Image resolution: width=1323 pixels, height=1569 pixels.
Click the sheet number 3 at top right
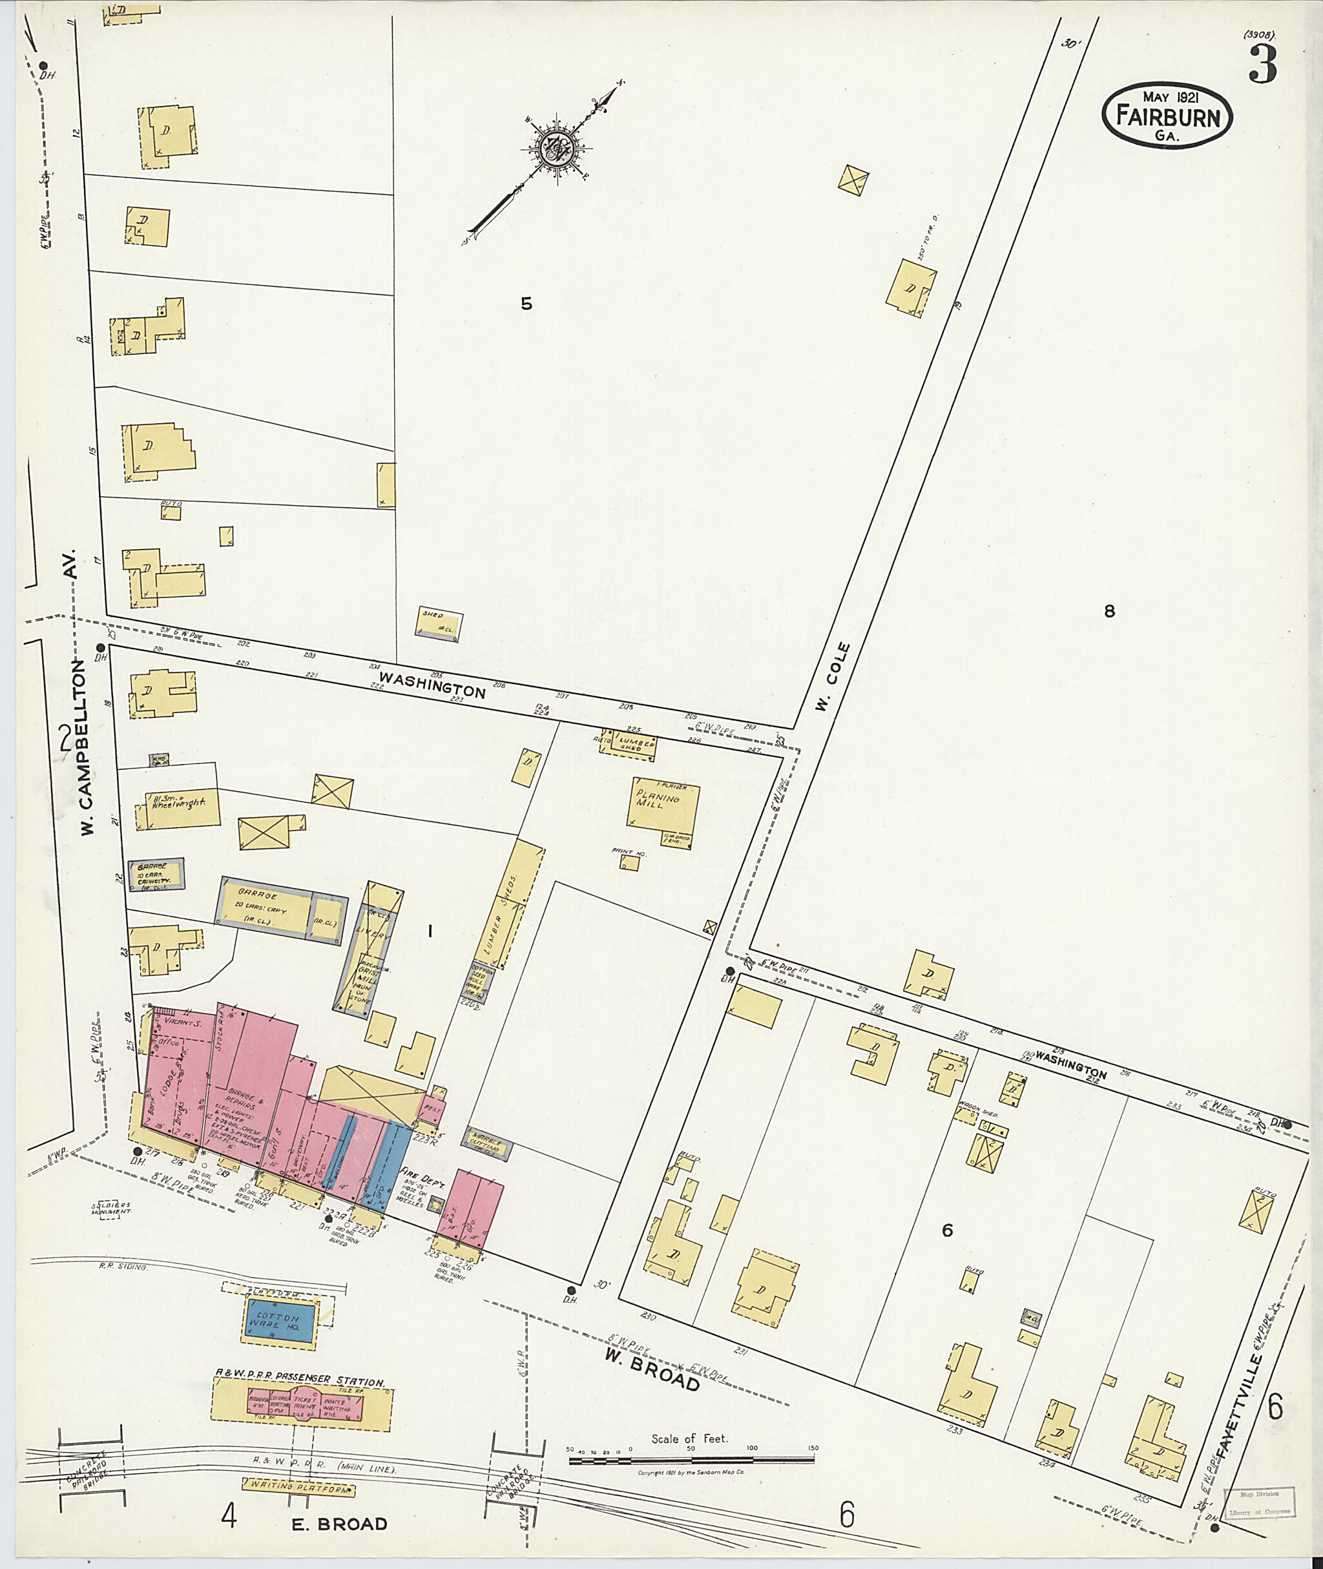1262,66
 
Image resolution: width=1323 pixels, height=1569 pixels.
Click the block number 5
526,304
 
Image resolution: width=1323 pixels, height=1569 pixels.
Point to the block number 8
1109,611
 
